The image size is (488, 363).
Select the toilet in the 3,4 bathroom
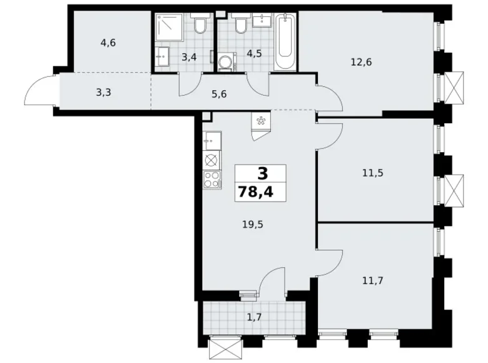point(200,26)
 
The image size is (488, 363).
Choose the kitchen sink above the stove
point(210,140)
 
